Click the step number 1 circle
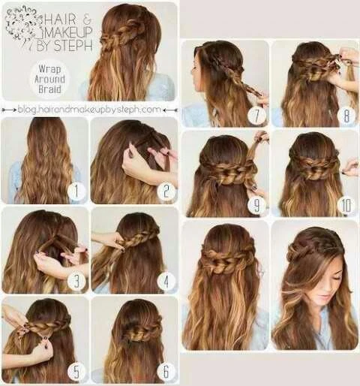coord(76,191)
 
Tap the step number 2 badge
coord(166,191)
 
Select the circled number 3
coord(76,281)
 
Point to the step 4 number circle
coord(166,281)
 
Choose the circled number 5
coord(76,372)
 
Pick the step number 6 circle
coord(166,372)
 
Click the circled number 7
coord(256,116)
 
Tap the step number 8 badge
coord(346,116)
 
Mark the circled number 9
coord(256,206)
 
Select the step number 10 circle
coord(346,206)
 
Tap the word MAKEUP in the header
coord(65,32)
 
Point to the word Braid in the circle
coord(49,89)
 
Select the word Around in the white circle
coord(49,80)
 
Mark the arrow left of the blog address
coord(9,110)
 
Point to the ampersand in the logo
coord(87,19)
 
